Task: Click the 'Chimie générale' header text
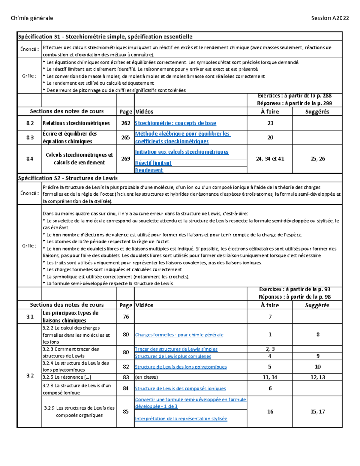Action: [32, 18]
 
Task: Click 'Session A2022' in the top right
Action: [330, 18]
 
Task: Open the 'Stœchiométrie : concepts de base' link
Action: [175, 123]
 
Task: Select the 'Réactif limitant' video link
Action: [153, 163]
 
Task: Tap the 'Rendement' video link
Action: [149, 170]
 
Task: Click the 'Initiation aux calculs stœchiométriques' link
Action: [182, 152]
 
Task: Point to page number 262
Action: [126, 123]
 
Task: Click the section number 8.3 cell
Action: [30, 137]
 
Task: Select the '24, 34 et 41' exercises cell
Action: [270, 159]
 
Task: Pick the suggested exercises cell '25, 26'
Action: [318, 159]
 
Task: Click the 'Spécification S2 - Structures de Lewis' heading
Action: [68, 178]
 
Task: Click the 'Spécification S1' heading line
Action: [105, 37]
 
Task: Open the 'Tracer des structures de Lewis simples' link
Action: [176, 349]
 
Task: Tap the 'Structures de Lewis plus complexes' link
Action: [173, 356]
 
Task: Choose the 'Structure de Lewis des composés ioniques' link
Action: [180, 389]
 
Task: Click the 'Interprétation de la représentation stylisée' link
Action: [181, 419]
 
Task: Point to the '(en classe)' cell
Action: [146, 377]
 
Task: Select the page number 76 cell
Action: [126, 317]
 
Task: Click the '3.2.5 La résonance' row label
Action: [67, 377]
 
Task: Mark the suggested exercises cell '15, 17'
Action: [318, 412]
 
